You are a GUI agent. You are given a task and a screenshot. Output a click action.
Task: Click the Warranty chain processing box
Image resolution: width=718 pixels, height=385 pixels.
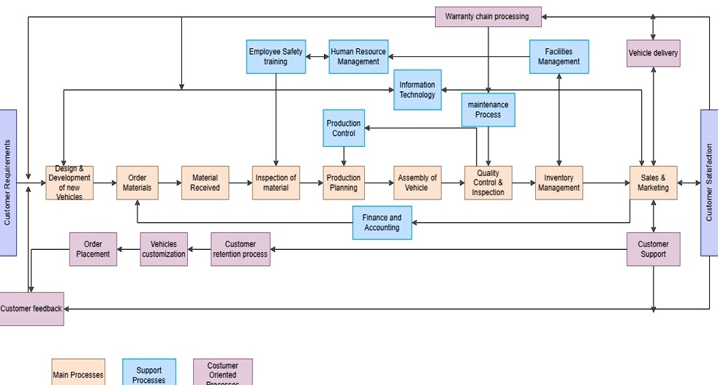tap(488, 17)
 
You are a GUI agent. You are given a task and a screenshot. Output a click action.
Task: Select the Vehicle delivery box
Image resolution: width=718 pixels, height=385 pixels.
tap(653, 53)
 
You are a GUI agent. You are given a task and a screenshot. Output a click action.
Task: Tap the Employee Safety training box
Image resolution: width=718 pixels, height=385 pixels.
tap(276, 57)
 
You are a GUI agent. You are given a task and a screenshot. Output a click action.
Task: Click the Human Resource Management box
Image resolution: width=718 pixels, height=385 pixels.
tap(358, 57)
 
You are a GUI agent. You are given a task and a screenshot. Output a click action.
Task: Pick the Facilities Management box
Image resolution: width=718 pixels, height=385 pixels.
tap(559, 57)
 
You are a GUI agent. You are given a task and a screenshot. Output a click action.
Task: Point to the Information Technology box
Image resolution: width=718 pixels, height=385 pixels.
tap(417, 90)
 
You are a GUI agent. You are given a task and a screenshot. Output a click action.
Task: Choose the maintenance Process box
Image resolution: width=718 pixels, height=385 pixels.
tap(488, 110)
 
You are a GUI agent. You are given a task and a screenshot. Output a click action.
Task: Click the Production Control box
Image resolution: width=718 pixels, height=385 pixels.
tap(344, 129)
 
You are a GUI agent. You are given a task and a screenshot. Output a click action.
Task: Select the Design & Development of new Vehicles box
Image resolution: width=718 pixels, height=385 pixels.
tap(69, 183)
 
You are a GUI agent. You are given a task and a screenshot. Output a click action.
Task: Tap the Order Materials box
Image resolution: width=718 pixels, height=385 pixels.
tap(137, 183)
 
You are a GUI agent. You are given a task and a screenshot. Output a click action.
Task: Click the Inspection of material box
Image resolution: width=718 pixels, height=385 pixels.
tap(276, 183)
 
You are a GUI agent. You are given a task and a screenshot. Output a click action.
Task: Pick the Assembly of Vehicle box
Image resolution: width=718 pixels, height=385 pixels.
tap(417, 183)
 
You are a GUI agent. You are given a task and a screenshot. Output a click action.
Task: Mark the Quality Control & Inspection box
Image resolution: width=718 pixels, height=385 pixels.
tap(488, 183)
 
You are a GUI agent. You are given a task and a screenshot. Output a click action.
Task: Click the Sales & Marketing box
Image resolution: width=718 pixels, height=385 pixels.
tap(653, 183)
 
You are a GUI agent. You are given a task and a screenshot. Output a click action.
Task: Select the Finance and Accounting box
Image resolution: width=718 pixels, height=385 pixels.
tap(382, 223)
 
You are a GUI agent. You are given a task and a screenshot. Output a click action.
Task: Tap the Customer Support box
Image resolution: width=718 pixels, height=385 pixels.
tap(653, 249)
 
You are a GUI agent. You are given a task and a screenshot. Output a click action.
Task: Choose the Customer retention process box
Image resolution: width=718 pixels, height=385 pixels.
tap(241, 249)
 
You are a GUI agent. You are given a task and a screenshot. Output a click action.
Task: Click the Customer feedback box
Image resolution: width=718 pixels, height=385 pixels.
tap(31, 309)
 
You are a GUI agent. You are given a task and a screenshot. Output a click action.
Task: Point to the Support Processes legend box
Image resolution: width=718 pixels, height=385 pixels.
tap(149, 372)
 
